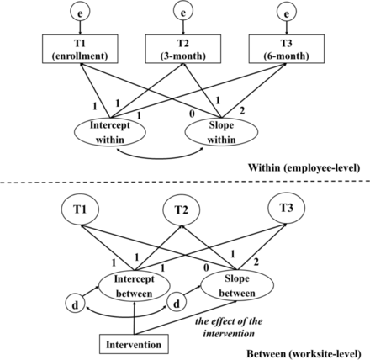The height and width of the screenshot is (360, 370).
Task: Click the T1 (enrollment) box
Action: tap(80, 49)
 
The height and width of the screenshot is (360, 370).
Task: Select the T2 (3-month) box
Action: tap(183, 49)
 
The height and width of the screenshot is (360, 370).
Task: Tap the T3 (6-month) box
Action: tap(287, 49)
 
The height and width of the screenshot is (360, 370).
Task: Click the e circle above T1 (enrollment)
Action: tap(80, 13)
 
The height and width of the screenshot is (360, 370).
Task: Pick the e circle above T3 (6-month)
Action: tap(287, 13)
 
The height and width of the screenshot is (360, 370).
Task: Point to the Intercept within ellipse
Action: tap(110, 132)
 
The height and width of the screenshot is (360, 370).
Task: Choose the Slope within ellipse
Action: tap(221, 132)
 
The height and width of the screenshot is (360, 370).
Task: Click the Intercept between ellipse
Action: tap(134, 286)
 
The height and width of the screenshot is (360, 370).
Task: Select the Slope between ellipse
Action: tap(237, 286)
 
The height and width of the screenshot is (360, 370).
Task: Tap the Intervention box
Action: tap(134, 344)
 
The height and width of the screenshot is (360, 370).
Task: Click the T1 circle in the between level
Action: tap(80, 209)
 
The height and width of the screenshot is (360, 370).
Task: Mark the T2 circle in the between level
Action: tap(182, 209)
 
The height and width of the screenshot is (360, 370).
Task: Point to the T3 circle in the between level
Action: tap(287, 208)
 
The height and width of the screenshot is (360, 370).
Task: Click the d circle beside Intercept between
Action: tap(75, 304)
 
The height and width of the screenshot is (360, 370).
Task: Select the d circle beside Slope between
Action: tap(177, 303)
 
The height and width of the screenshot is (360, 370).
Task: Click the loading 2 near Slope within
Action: tap(242, 111)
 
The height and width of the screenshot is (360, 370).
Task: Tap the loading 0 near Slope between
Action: tap(206, 268)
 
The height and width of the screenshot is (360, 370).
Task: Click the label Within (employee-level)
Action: tap(304, 167)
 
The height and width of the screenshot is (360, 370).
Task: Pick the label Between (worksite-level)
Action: tap(304, 354)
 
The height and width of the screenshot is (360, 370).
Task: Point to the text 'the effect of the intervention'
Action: tap(229, 327)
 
